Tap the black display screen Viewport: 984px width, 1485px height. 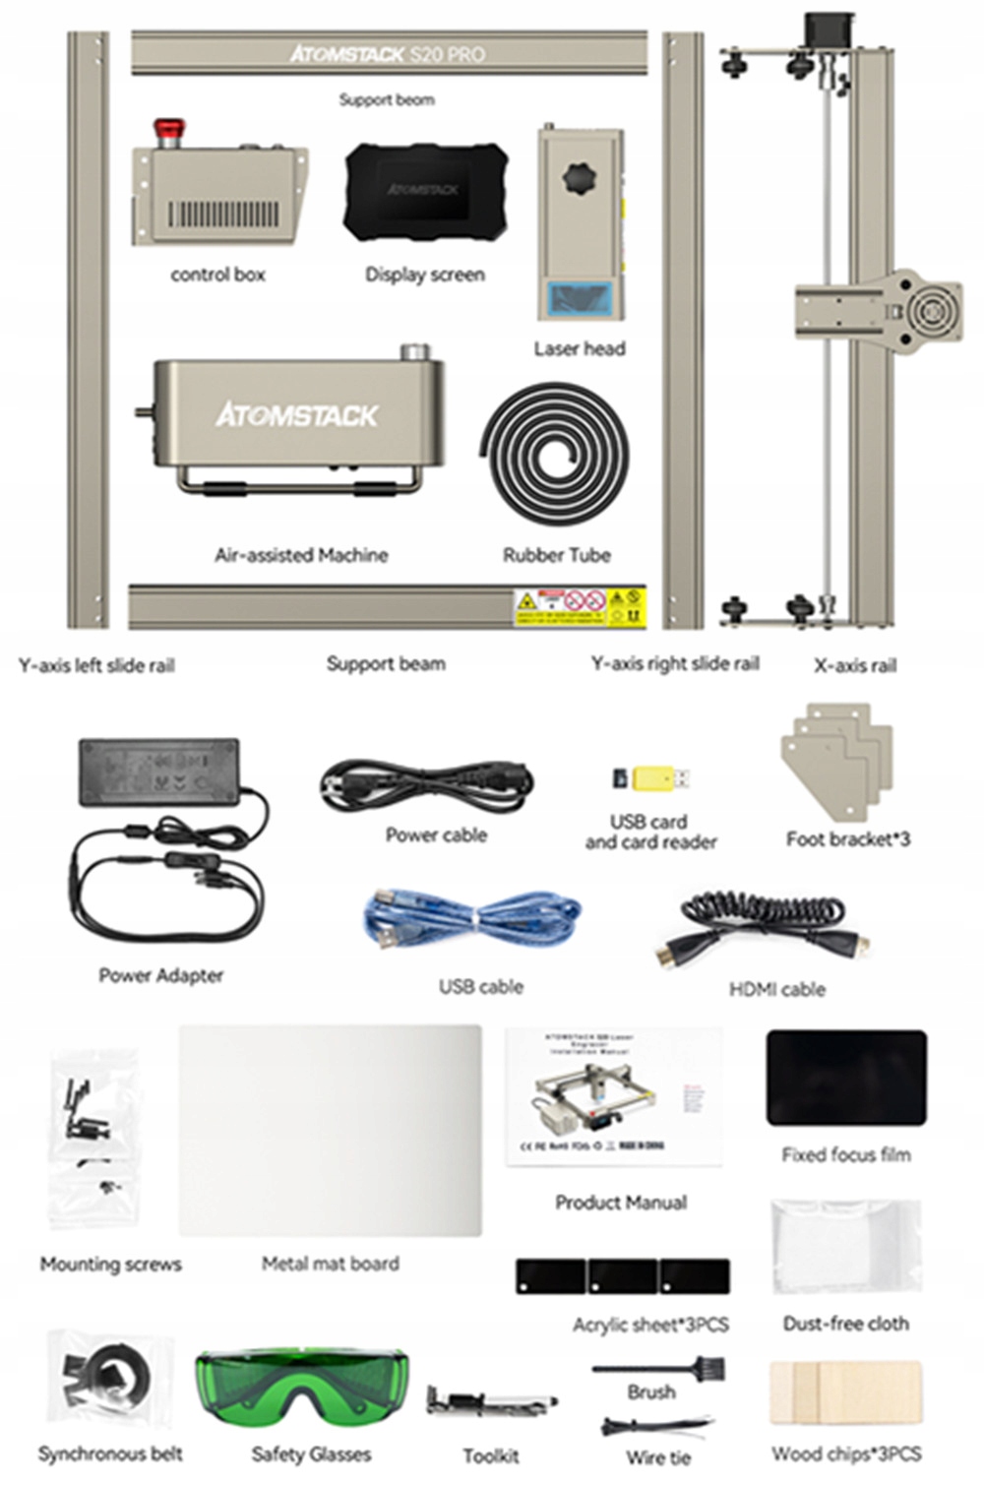click(x=425, y=191)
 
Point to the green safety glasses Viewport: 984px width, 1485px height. click(x=301, y=1388)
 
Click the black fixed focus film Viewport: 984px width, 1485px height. click(x=846, y=1078)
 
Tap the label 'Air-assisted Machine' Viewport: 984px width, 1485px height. click(x=301, y=555)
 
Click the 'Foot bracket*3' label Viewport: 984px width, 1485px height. click(x=847, y=839)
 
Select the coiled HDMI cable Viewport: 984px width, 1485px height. click(x=763, y=924)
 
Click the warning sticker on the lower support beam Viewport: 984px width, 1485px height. click(x=580, y=607)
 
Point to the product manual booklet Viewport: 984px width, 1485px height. click(x=614, y=1096)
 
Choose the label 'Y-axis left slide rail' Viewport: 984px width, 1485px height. click(x=96, y=665)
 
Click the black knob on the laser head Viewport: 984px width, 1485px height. click(x=579, y=180)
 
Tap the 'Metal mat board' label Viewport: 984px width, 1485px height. click(x=331, y=1264)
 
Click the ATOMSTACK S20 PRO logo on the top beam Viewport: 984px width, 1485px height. click(x=388, y=53)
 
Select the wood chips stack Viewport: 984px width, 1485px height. click(x=845, y=1392)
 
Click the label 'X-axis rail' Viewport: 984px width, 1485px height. click(x=855, y=665)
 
